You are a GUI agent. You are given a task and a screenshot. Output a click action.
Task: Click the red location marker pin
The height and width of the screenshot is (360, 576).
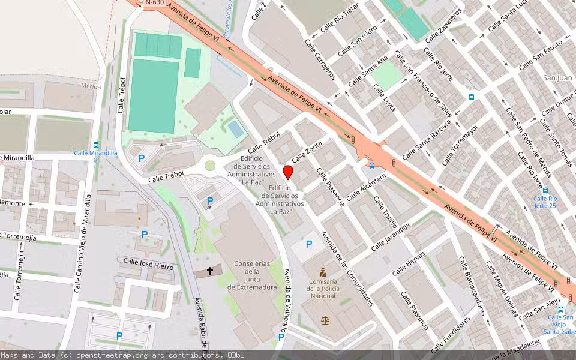(x=288, y=173)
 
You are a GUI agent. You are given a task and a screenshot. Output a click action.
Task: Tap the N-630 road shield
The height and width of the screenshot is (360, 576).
(x=154, y=3)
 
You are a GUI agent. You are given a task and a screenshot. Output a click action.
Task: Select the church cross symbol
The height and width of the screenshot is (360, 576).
(x=210, y=271)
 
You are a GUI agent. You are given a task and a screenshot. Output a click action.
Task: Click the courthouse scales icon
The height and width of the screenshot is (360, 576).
(x=325, y=319)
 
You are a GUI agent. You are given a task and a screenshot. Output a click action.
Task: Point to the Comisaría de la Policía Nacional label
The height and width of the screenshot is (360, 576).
(x=322, y=289)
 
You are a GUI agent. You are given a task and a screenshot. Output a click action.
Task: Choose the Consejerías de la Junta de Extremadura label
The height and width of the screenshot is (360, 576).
(x=252, y=275)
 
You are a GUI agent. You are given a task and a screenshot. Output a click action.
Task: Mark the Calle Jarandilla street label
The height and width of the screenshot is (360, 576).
(x=390, y=236)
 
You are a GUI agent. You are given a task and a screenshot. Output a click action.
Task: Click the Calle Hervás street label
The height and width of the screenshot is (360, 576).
(x=409, y=263)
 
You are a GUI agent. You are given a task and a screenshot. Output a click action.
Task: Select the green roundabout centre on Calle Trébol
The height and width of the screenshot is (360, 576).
(x=210, y=166)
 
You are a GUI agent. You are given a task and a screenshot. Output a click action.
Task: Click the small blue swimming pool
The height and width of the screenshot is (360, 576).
(x=236, y=128)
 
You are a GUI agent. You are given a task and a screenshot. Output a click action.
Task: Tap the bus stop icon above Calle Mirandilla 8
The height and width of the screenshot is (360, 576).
(x=96, y=145)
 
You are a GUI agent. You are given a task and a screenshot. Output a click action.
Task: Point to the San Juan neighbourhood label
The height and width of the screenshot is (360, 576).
(x=557, y=78)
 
